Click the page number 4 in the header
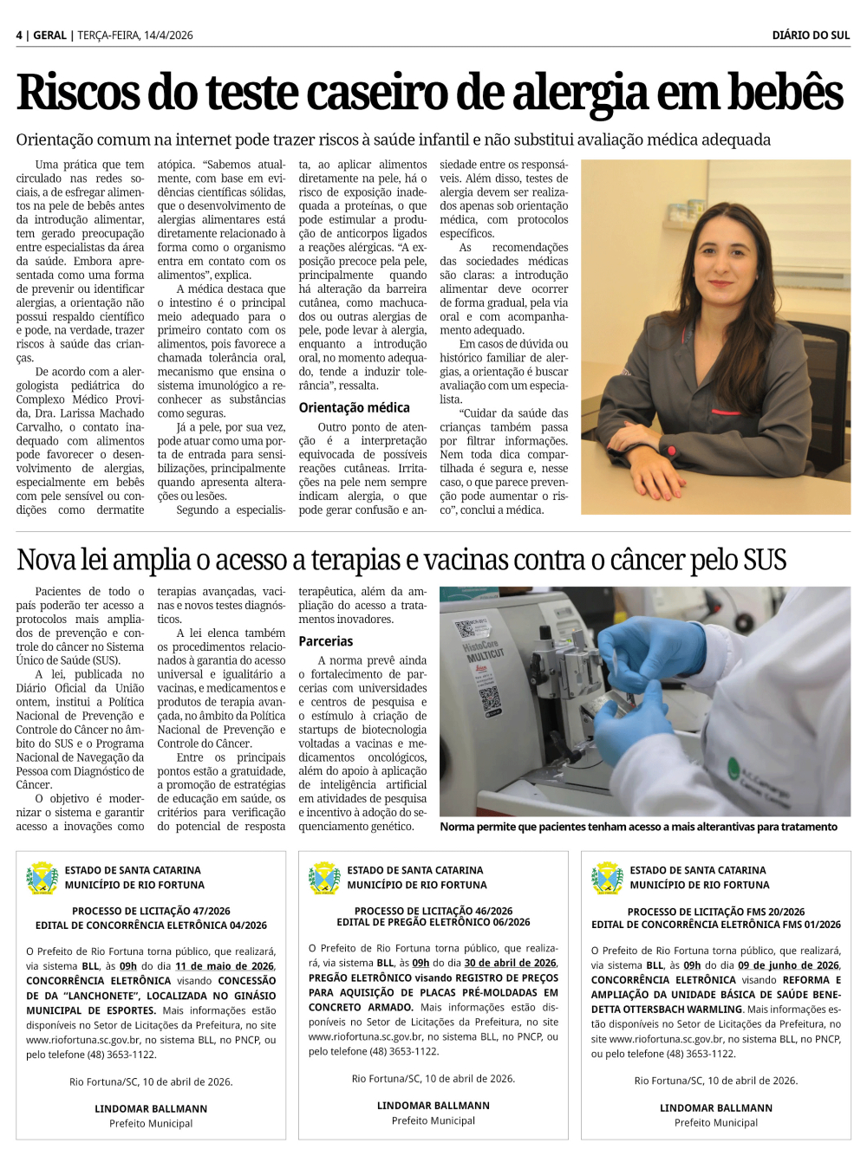click(19, 36)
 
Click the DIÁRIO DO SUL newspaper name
click(811, 36)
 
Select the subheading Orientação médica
click(354, 407)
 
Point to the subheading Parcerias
click(325, 641)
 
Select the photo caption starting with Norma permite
click(638, 827)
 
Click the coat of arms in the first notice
click(42, 878)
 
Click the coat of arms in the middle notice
click(324, 878)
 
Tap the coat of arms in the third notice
click(607, 878)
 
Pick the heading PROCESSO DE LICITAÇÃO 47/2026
click(151, 911)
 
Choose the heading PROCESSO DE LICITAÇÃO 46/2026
click(433, 911)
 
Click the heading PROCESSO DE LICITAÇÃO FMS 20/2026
click(716, 912)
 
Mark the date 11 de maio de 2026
click(225, 966)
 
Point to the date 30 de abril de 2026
click(510, 963)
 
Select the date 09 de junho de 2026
click(788, 965)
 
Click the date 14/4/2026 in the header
click(168, 36)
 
